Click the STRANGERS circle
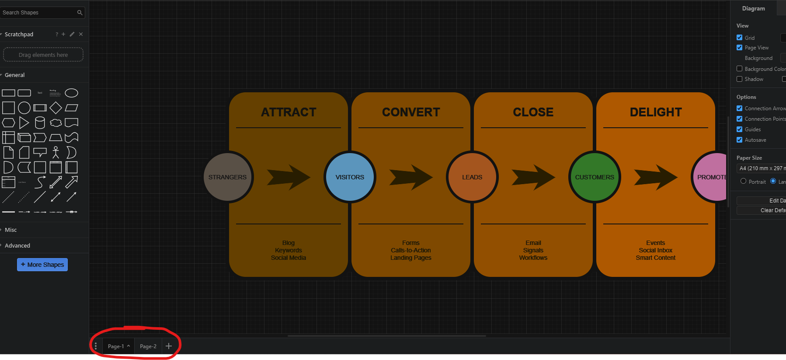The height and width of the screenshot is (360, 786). (x=227, y=177)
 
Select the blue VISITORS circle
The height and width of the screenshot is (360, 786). (x=350, y=177)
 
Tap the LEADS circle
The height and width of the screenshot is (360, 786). (x=472, y=177)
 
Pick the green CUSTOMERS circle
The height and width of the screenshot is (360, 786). (x=595, y=177)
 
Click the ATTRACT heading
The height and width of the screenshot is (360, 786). (x=289, y=112)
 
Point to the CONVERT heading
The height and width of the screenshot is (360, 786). (x=411, y=112)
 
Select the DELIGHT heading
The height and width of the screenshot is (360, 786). (x=656, y=112)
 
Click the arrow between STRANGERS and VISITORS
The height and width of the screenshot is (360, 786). (x=289, y=177)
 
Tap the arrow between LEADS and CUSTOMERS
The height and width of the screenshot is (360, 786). (x=533, y=177)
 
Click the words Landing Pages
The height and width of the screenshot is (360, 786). (x=411, y=258)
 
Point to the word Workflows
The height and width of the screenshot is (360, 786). (x=533, y=258)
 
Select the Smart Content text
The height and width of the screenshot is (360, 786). (x=656, y=258)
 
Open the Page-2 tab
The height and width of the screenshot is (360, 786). (x=148, y=346)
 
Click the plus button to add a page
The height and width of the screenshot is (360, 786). (x=169, y=346)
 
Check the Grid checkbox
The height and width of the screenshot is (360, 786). (x=740, y=38)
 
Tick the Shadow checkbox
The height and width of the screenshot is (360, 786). (x=740, y=79)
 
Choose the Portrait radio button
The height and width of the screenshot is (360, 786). (x=743, y=181)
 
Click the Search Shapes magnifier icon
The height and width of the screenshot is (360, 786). (x=80, y=13)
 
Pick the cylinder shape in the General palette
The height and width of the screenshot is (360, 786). (x=40, y=122)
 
